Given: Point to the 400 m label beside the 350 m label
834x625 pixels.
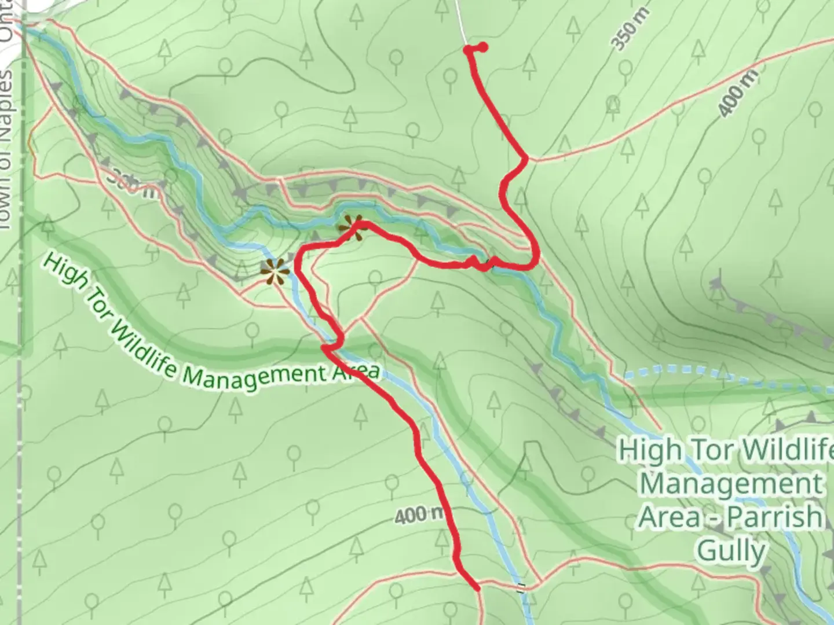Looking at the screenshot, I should [x=738, y=93].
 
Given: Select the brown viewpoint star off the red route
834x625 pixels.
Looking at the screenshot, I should [x=273, y=271].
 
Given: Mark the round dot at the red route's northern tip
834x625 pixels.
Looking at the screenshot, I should [x=482, y=47].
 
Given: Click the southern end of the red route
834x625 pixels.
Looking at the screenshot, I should [x=478, y=589].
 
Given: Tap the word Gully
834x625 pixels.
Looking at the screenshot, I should [x=731, y=550].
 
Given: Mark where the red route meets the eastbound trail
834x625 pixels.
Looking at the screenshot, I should [x=526, y=158].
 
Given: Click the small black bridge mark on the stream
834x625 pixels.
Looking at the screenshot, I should [x=521, y=587].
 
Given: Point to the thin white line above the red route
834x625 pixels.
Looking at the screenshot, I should [x=461, y=20].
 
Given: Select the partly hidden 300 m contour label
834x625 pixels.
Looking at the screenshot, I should [x=131, y=183].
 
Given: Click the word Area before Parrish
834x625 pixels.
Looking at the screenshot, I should [x=669, y=517].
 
